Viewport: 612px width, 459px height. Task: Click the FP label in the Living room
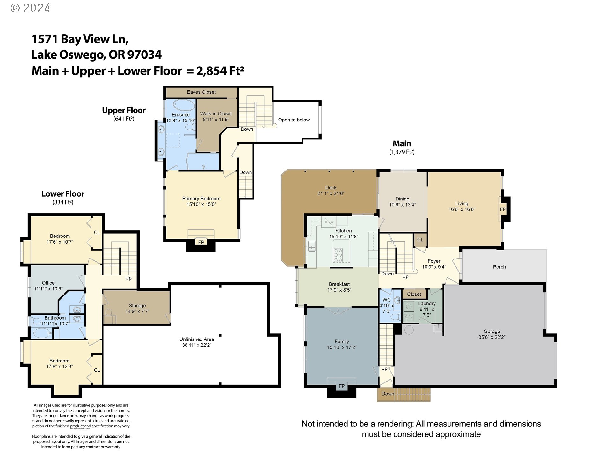[x=503, y=209]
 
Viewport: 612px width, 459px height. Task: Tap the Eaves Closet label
[x=201, y=92]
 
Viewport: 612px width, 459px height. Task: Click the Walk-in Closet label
[x=216, y=113]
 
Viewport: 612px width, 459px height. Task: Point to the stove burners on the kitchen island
[x=338, y=255]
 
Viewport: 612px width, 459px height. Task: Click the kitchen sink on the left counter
[x=311, y=246]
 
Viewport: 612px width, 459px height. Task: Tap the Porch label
[x=499, y=267]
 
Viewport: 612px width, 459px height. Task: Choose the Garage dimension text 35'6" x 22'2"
[x=492, y=337]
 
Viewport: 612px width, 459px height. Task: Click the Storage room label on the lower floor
[x=137, y=305]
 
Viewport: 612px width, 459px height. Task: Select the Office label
[x=48, y=283]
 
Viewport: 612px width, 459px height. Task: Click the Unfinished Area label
[x=197, y=339]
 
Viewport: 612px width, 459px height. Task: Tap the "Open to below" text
[x=294, y=120]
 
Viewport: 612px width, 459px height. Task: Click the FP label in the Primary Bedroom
[x=201, y=242]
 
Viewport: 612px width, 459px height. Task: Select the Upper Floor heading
[x=124, y=110]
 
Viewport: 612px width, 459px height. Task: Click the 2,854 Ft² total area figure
[x=220, y=70]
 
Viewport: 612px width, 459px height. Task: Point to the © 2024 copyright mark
[x=30, y=8]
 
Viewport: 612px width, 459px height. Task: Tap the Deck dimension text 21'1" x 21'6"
[x=331, y=193]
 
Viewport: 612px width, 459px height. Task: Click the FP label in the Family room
[x=342, y=386]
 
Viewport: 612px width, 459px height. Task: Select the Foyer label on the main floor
[x=434, y=261]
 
